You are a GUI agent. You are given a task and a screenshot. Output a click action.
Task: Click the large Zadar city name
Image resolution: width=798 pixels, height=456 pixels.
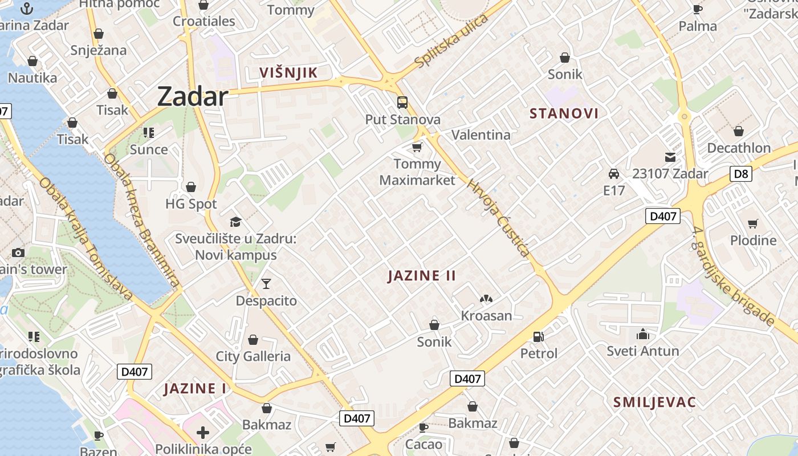[x=193, y=96]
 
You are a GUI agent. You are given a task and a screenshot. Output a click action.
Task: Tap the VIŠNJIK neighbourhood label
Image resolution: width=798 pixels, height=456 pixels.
[x=288, y=72]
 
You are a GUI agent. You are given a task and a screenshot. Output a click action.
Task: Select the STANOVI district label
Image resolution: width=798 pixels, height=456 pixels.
[x=564, y=113]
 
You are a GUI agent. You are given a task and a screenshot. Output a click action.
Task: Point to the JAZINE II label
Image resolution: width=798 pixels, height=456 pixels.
[x=422, y=276]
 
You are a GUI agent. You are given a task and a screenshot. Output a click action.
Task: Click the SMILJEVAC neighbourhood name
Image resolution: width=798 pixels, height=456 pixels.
[x=654, y=402]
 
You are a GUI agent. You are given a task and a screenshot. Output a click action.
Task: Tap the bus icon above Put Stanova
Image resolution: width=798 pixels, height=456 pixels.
[x=402, y=103]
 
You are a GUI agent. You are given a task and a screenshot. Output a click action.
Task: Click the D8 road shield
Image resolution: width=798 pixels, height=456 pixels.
[x=740, y=173]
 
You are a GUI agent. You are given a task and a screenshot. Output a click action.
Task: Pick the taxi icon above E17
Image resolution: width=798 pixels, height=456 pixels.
[x=614, y=174]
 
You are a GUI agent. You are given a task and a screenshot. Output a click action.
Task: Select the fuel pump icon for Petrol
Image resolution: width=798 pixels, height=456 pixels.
[x=538, y=337]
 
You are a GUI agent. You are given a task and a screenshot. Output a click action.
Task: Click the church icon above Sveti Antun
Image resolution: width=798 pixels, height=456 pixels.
[x=643, y=334]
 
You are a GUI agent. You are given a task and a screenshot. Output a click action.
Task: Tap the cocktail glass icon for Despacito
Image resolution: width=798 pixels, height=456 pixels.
[x=266, y=284]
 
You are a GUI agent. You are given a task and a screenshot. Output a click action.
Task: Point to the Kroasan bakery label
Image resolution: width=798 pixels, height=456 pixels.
[x=486, y=316]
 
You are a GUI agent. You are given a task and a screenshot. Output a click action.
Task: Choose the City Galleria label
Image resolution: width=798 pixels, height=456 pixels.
[x=253, y=357]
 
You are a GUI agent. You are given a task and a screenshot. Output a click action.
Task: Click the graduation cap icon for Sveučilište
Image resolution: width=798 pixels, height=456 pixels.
[x=235, y=222]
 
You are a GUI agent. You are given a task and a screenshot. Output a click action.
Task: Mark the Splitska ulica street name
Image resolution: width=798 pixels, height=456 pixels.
[x=452, y=42]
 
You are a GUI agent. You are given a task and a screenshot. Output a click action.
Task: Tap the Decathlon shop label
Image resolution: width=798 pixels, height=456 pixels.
[x=739, y=148]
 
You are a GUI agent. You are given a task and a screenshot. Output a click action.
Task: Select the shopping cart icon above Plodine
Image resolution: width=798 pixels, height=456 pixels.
[x=753, y=223]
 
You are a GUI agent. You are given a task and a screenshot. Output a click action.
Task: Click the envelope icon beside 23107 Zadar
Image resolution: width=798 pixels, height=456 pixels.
[x=670, y=157]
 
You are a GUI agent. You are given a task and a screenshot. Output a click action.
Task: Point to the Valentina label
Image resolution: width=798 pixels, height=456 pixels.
[x=481, y=135]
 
